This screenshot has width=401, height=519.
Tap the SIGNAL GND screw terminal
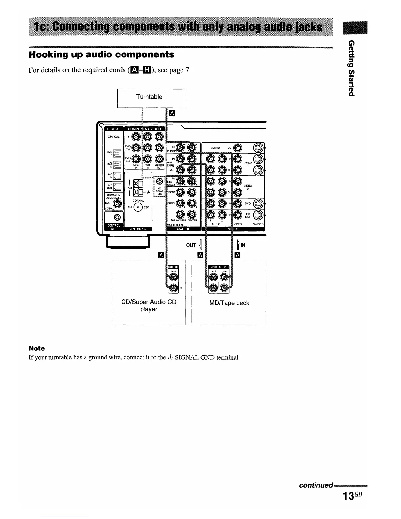point(160,181)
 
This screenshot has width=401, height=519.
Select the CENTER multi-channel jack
point(192,215)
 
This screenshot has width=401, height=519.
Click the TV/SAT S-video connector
point(259,215)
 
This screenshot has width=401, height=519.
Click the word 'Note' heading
point(37,348)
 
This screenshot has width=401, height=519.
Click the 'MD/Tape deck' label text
point(229,303)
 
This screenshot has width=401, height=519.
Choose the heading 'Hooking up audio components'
point(102,54)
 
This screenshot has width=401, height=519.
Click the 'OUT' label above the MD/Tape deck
point(191,245)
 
